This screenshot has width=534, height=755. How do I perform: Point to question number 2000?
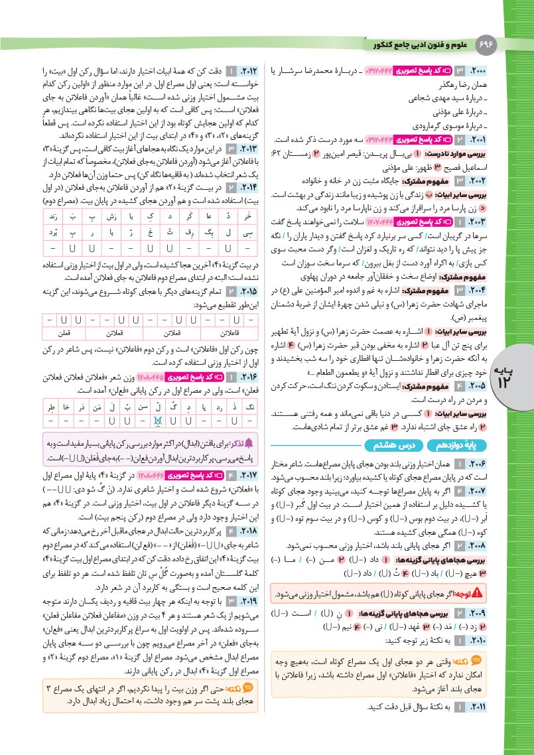pos(478,69)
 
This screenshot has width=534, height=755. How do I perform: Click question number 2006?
pos(478,462)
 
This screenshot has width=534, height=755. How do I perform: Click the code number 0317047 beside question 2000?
pos(375,69)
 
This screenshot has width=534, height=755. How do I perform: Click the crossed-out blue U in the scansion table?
pos(157,420)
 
